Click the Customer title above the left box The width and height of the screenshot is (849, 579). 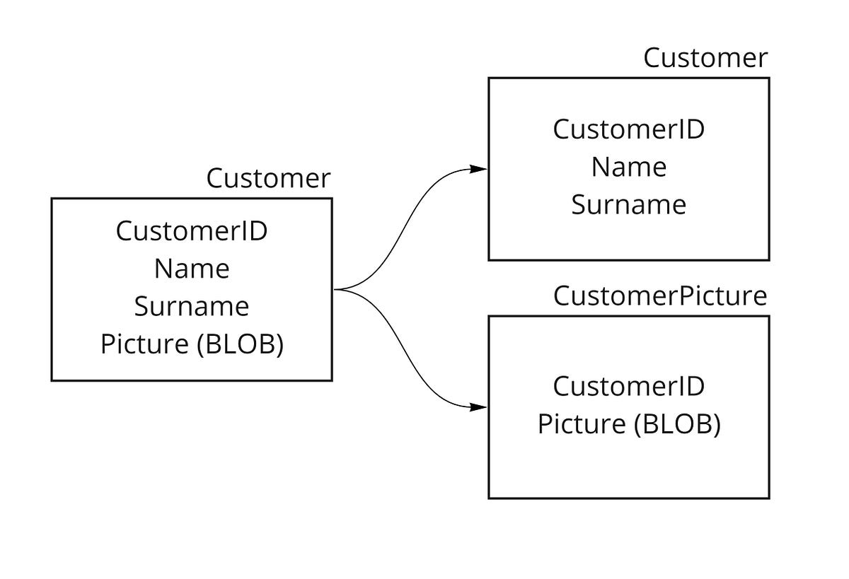(x=268, y=179)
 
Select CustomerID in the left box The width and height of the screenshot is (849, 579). (x=191, y=231)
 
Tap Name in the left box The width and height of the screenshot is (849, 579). (x=191, y=269)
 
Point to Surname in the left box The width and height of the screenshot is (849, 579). (x=191, y=307)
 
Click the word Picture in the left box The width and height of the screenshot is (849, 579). (x=145, y=344)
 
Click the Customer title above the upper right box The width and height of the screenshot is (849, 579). (x=705, y=58)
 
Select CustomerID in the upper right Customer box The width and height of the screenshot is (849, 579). (x=628, y=130)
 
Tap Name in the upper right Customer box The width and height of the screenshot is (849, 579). (x=628, y=168)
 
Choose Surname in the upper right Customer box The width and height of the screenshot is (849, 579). (x=628, y=205)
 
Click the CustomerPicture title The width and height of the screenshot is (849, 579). (x=659, y=296)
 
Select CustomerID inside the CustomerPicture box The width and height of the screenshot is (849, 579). (x=628, y=387)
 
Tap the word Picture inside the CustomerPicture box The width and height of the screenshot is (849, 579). (x=582, y=424)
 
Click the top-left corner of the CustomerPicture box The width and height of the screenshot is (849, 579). (x=489, y=316)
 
